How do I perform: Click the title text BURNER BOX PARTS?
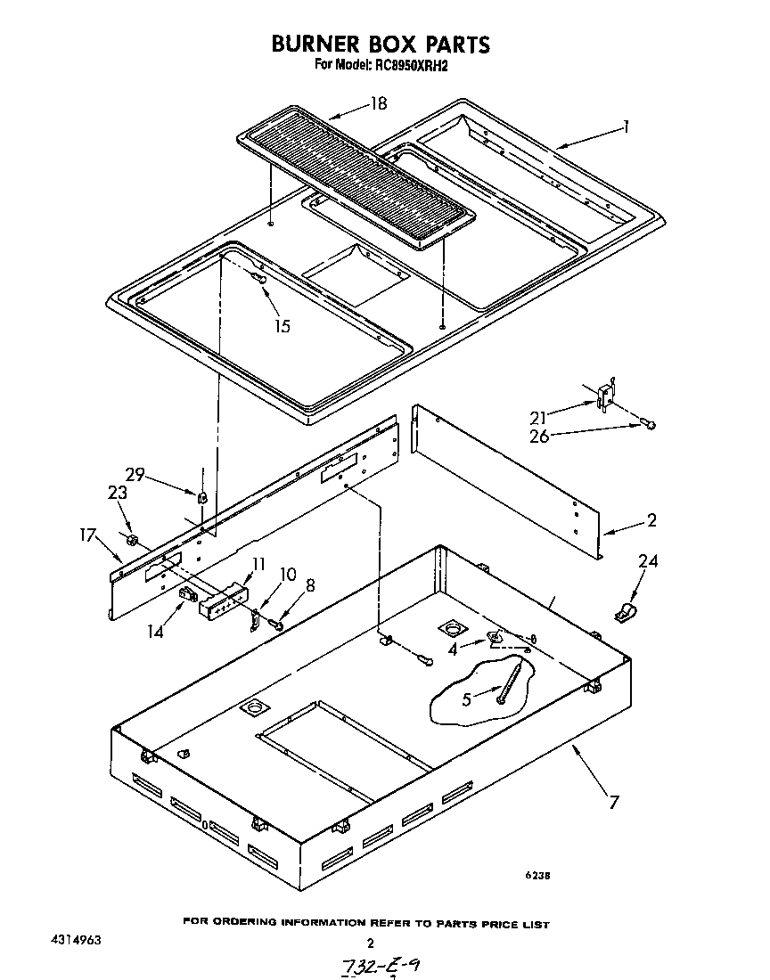[x=381, y=45]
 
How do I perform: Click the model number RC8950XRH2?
[x=408, y=66]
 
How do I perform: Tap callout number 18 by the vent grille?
[x=378, y=104]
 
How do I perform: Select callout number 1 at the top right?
[x=627, y=127]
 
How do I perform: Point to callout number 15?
[x=282, y=326]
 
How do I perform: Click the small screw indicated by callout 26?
[x=650, y=425]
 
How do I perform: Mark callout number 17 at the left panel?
[x=87, y=536]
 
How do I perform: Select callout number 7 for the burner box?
[x=613, y=803]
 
